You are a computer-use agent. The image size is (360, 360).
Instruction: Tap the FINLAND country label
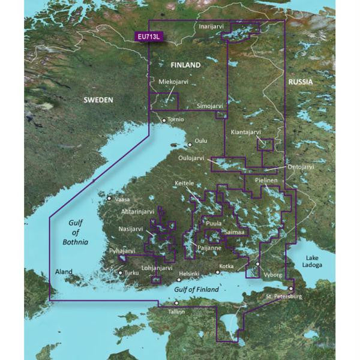click(185, 64)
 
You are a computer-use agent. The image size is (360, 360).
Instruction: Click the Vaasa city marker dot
click(109, 199)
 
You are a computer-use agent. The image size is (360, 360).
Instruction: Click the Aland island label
click(63, 272)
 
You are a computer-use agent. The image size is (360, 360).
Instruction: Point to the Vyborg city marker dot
click(258, 264)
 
